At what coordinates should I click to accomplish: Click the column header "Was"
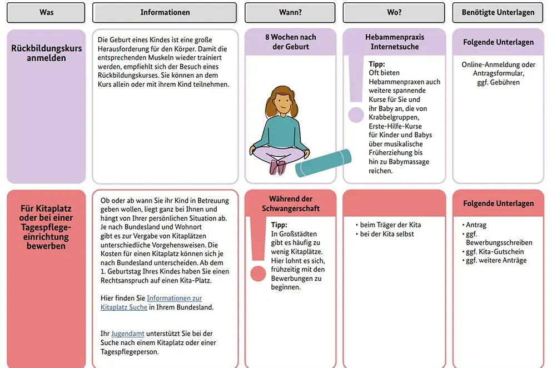tap(46, 12)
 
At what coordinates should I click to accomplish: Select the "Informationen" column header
tap(165, 12)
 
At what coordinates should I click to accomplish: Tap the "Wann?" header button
tap(290, 12)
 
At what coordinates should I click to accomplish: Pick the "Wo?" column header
tap(394, 12)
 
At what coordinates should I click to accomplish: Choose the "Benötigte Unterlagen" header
tap(498, 12)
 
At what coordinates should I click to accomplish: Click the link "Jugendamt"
tap(128, 334)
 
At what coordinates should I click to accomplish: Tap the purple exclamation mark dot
tap(356, 115)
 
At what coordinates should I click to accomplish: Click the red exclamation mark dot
tap(258, 273)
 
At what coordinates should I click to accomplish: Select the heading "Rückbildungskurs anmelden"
tap(46, 53)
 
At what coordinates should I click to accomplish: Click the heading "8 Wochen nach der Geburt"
tap(290, 42)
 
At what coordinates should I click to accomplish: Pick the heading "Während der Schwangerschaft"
tap(290, 203)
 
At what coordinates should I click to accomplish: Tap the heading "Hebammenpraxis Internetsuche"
tap(394, 42)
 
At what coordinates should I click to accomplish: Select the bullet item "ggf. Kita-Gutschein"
tap(495, 251)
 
